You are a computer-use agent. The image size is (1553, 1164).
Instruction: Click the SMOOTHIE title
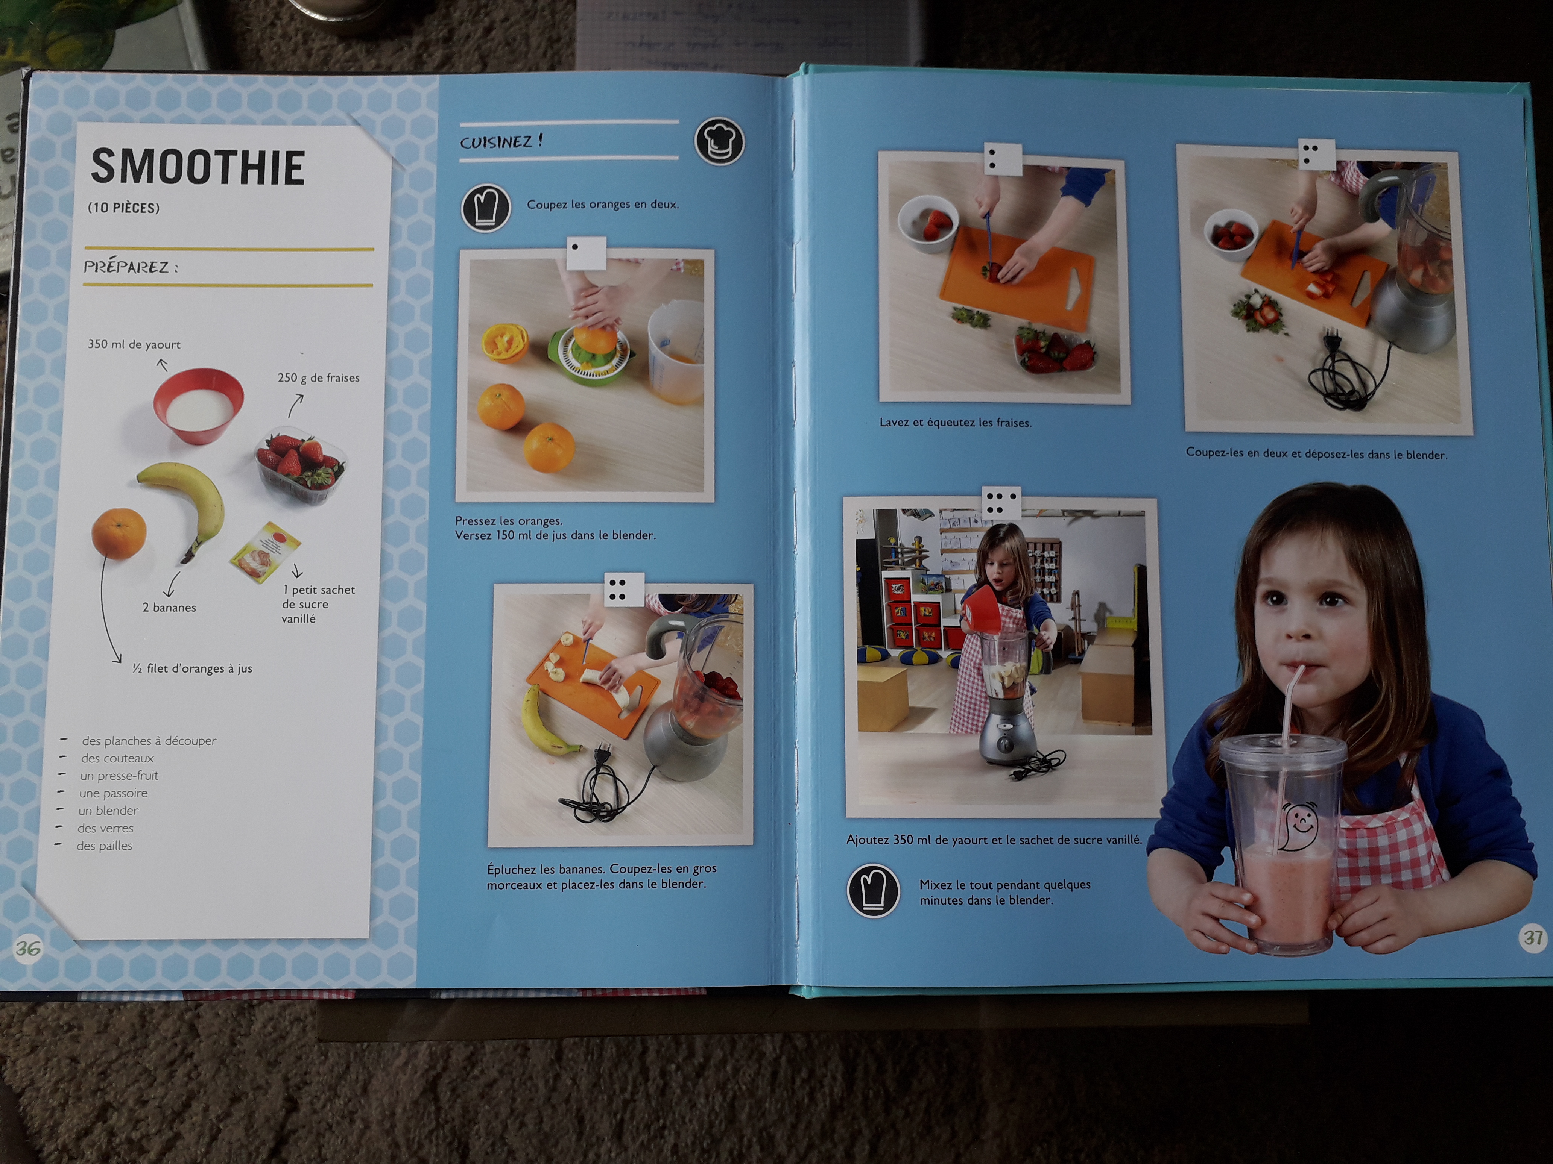coord(198,167)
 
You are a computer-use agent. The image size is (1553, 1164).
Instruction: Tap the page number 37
coord(1533,938)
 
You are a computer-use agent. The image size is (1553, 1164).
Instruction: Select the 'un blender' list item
coord(108,810)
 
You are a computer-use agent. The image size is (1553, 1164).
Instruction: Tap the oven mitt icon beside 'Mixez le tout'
coord(874,890)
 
